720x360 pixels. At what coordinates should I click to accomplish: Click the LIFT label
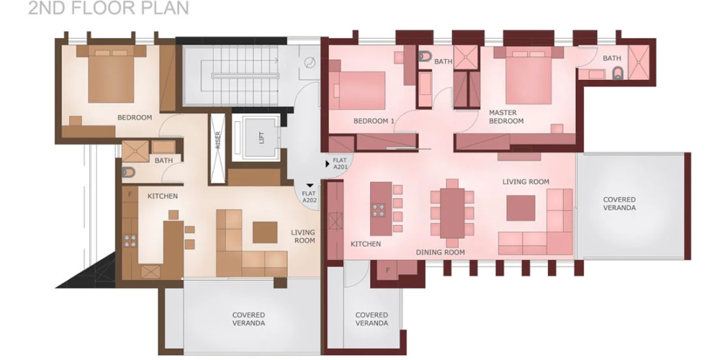pos(262,138)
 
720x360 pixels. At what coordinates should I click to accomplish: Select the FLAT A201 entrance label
pos(340,164)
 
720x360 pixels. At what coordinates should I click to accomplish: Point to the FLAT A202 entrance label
pos(309,197)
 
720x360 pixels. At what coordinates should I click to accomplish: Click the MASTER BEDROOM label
pos(506,117)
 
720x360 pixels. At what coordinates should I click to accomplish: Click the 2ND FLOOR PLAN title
pos(109,8)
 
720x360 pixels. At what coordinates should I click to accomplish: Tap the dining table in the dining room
pos(452,213)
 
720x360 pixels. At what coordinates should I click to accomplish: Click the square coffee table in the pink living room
pos(521,208)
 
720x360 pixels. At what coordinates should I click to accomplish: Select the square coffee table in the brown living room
pos(265,233)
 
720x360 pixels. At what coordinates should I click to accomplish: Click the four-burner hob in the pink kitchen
pos(379,210)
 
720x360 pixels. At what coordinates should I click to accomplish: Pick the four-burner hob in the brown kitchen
pos(130,241)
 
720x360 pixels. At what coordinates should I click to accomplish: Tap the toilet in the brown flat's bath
pos(128,172)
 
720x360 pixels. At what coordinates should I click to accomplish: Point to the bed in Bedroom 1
pos(358,91)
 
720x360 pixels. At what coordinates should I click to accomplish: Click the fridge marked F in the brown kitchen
pos(130,194)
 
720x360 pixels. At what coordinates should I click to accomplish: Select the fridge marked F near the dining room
pos(387,270)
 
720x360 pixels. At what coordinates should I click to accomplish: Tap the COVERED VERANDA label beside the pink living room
pos(619,204)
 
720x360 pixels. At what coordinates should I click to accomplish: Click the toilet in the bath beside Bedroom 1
pos(425,56)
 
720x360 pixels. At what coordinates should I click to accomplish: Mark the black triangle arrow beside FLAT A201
pos(328,163)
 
